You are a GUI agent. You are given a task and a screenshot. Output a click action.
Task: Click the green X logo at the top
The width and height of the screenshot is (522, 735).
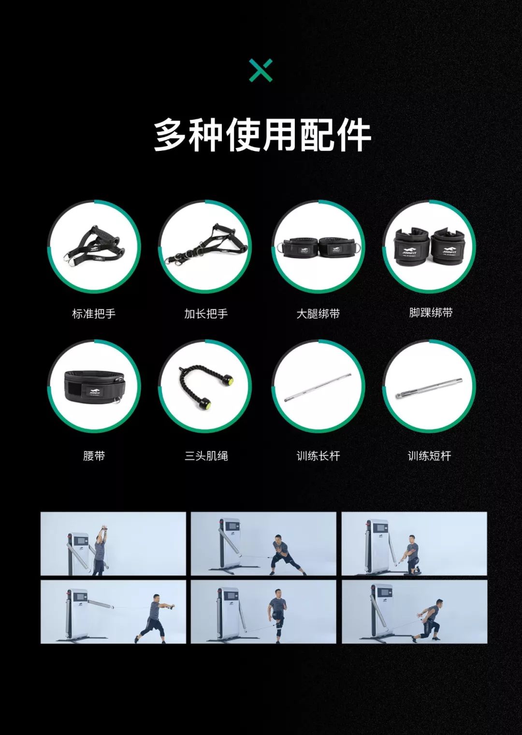click(x=261, y=70)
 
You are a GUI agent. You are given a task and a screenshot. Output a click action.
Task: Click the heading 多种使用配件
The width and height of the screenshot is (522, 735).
click(x=262, y=135)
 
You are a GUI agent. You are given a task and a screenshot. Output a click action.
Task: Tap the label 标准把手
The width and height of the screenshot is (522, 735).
click(x=94, y=314)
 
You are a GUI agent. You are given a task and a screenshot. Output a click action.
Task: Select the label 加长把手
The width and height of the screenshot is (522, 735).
click(x=206, y=314)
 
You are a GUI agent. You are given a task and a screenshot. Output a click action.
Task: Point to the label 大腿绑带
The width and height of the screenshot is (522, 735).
click(x=318, y=314)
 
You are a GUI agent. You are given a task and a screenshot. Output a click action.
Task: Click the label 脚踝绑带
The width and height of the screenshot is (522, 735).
click(x=431, y=312)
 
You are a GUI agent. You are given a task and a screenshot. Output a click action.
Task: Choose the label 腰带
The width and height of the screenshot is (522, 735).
click(x=94, y=456)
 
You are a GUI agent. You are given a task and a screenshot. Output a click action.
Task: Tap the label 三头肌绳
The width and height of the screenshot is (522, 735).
click(x=206, y=456)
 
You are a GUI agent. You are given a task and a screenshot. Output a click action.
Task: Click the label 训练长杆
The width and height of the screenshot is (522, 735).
click(x=318, y=456)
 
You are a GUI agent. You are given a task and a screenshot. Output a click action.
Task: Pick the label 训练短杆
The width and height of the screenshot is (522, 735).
click(x=430, y=456)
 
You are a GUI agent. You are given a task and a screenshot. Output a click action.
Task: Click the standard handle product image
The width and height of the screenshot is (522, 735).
click(x=94, y=244)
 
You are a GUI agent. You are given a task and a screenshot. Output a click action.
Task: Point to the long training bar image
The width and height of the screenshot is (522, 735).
click(x=318, y=387)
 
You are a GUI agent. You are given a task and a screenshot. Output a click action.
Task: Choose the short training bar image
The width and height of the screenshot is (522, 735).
click(x=429, y=388)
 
